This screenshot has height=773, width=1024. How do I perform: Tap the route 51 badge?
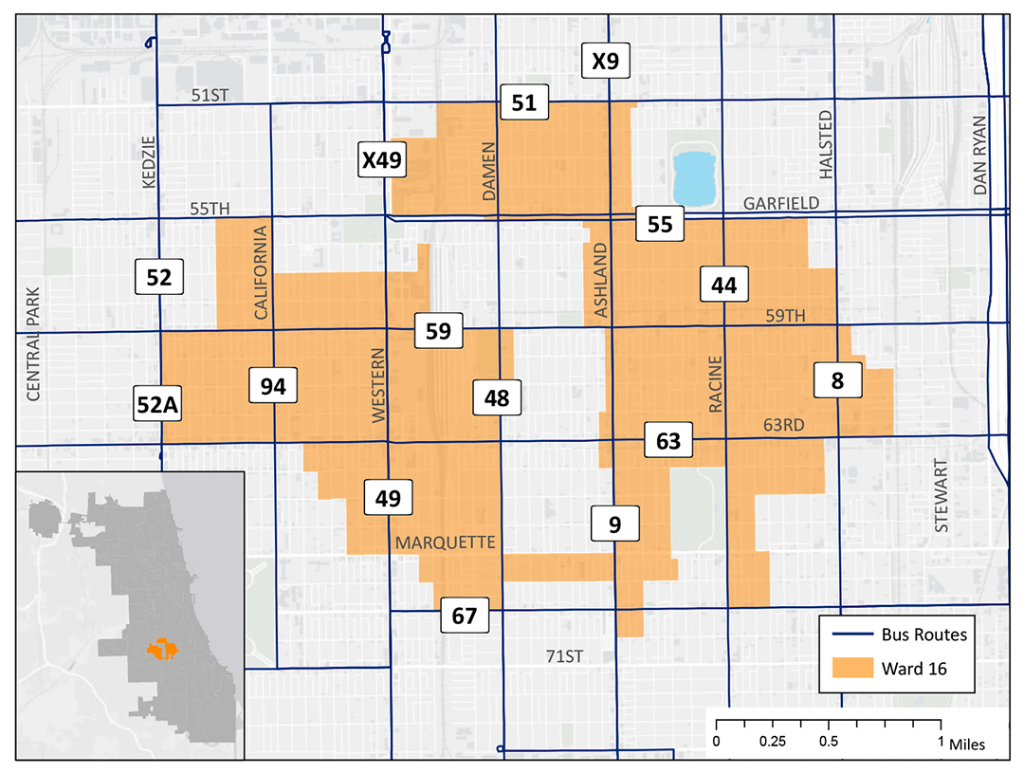click(x=524, y=102)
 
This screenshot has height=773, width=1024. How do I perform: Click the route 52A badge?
click(x=158, y=405)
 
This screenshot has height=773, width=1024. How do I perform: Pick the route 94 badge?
click(x=273, y=386)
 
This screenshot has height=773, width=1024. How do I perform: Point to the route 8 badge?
click(x=838, y=380)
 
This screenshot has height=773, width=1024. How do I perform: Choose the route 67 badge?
click(x=464, y=616)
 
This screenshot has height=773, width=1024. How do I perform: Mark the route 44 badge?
click(x=724, y=285)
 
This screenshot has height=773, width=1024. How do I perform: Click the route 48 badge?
click(x=497, y=398)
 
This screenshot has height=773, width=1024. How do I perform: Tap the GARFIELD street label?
click(x=777, y=203)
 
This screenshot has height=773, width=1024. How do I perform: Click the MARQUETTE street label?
click(x=445, y=543)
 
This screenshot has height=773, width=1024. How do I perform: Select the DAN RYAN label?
click(x=979, y=156)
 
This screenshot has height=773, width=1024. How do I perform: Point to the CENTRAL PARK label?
click(x=34, y=343)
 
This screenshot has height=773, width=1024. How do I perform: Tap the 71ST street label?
click(x=565, y=655)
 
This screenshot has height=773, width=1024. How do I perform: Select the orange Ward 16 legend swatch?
click(x=850, y=669)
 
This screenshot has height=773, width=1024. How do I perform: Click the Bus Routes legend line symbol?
click(x=850, y=635)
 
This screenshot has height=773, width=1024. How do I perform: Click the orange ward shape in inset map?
click(x=162, y=649)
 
